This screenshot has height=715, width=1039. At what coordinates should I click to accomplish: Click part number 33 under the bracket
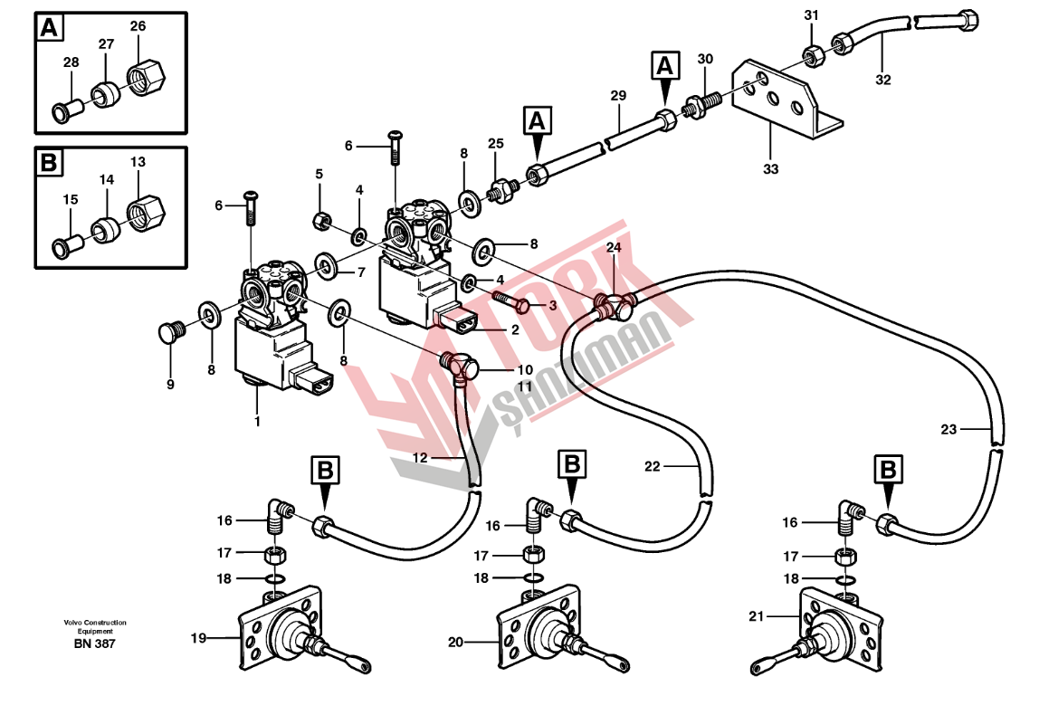pyautogui.click(x=770, y=168)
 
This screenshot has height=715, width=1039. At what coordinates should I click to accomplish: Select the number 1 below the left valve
pyautogui.click(x=257, y=421)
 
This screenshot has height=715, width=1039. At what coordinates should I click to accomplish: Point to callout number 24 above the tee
pyautogui.click(x=614, y=247)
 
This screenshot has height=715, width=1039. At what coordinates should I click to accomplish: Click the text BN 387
pyautogui.click(x=94, y=643)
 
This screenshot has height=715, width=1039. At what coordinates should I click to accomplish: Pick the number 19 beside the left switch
pyautogui.click(x=198, y=638)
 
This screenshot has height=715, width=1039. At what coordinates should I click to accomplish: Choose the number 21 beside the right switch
pyautogui.click(x=756, y=616)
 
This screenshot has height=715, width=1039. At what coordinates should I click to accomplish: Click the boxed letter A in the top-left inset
pyautogui.click(x=49, y=28)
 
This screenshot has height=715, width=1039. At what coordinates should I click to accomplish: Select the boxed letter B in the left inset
pyautogui.click(x=49, y=163)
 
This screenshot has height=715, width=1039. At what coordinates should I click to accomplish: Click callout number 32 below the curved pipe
pyautogui.click(x=883, y=80)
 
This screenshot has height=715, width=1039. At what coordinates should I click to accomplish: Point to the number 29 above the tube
pyautogui.click(x=618, y=96)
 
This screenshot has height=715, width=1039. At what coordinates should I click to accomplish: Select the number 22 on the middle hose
pyautogui.click(x=653, y=467)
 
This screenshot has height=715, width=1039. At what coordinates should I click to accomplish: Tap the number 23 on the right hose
pyautogui.click(x=948, y=430)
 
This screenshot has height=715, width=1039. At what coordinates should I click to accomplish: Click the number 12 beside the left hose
pyautogui.click(x=420, y=458)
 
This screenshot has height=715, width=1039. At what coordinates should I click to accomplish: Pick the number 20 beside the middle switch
pyautogui.click(x=456, y=643)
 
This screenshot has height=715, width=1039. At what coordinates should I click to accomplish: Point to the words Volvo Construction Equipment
pyautogui.click(x=94, y=627)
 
